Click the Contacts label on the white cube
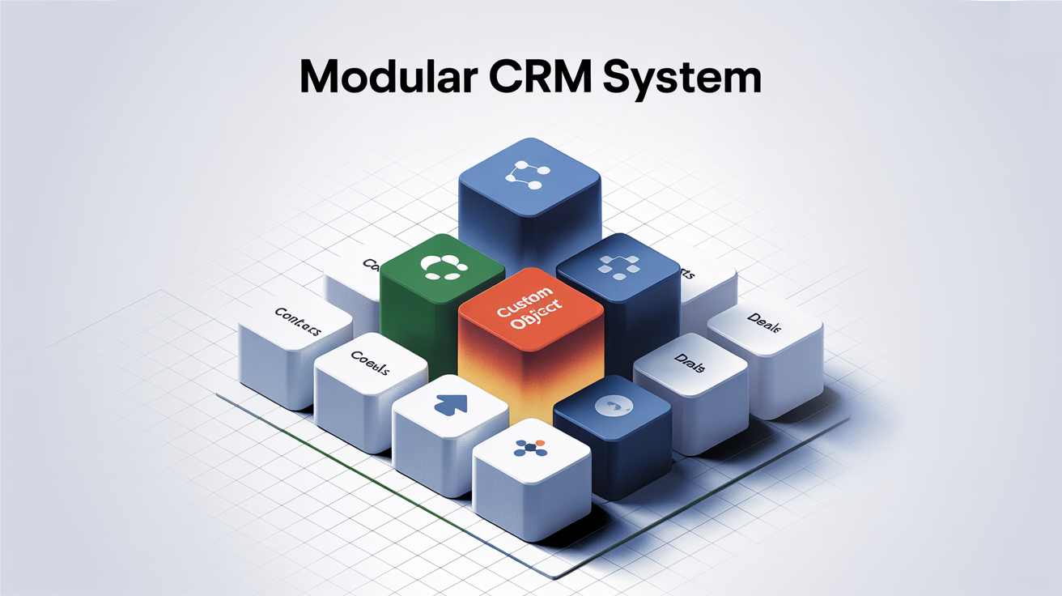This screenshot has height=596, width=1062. click(x=298, y=321)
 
